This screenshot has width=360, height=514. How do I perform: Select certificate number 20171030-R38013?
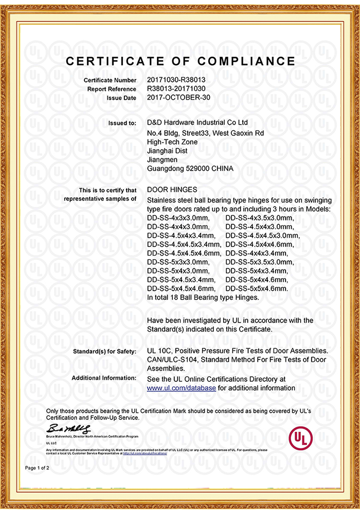[x=176, y=80]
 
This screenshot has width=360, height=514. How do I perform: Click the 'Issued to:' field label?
[x=122, y=123]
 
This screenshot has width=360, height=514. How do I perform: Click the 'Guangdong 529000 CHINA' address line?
[x=190, y=169]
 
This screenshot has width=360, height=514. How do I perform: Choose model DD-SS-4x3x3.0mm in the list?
[x=178, y=218]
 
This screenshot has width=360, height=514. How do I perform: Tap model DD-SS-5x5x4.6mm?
[x=257, y=288]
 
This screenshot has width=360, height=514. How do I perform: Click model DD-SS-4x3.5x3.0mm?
[x=259, y=218]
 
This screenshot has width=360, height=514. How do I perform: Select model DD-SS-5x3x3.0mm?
[x=178, y=262]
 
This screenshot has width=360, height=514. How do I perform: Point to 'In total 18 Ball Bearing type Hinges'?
[x=203, y=297]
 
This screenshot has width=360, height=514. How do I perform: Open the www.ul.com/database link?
[x=181, y=388]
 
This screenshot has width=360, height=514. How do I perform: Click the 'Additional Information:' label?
[x=104, y=378]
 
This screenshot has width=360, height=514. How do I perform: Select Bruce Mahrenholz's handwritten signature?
[x=69, y=429]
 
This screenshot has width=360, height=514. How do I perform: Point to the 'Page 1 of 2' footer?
[x=38, y=468]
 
